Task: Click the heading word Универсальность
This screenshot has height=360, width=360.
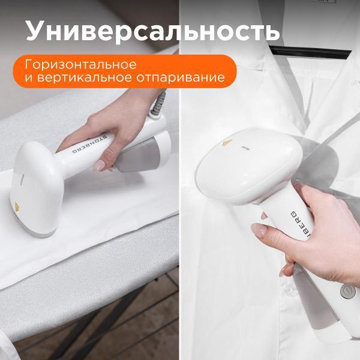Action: (152, 31)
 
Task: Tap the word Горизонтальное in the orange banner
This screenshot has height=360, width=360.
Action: (80, 65)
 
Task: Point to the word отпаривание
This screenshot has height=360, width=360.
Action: (181, 77)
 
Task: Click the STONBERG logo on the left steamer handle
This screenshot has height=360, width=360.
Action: (92, 145)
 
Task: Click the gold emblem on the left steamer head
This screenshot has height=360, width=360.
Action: (17, 207)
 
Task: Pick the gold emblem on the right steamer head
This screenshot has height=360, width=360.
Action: (227, 142)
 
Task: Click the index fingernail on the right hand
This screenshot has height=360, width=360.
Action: (259, 230)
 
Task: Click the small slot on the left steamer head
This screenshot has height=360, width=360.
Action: (22, 179)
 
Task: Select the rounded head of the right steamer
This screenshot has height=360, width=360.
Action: (248, 166)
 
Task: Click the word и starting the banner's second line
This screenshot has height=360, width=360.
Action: (29, 77)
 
